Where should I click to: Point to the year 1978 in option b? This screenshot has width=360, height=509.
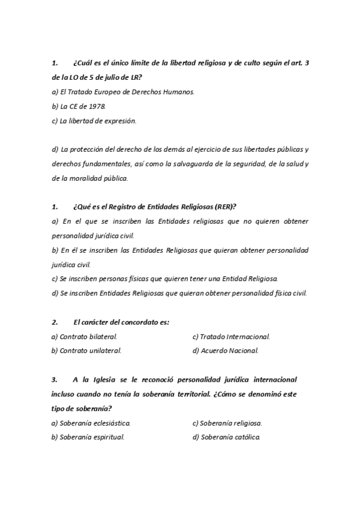pos(98,106)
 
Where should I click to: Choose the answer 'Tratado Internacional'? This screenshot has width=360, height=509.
pos(231,337)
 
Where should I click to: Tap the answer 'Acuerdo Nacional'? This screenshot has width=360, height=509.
pos(225,351)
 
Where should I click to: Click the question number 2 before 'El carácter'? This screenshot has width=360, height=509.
pos(55,322)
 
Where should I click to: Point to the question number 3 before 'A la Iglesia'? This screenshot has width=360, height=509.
pos(55,379)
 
